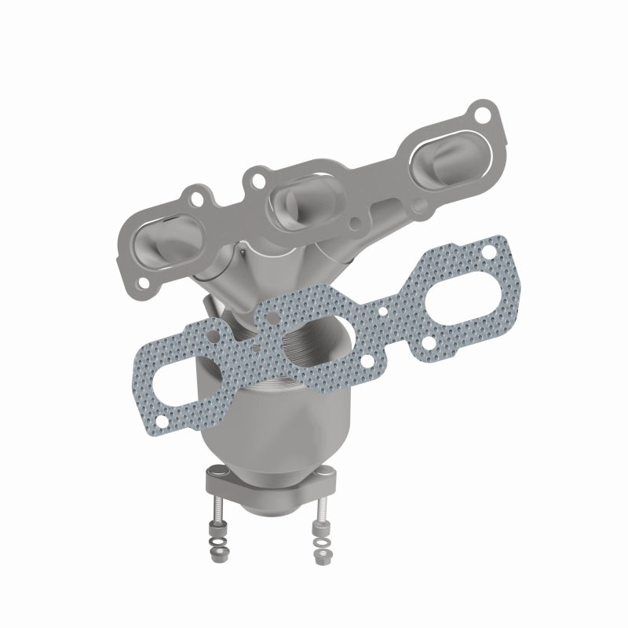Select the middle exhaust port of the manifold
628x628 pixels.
pos(303,196)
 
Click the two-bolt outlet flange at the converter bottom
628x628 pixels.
pos(267,483)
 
